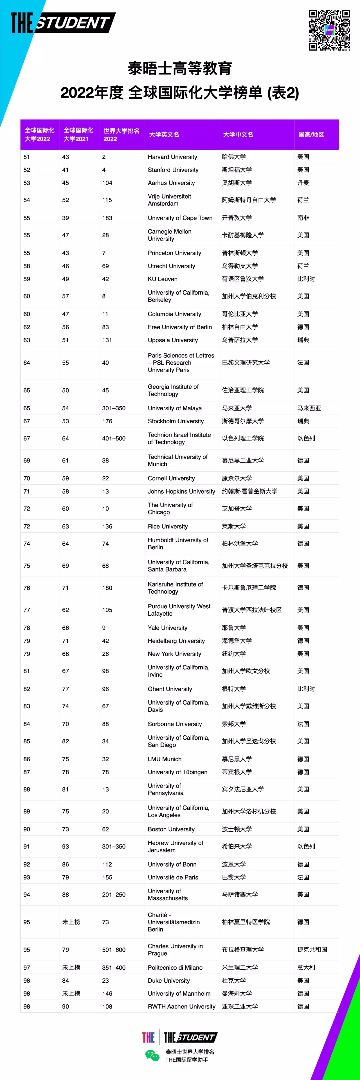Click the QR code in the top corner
click(329, 30)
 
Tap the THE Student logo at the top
click(63, 23)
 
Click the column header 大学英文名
click(164, 135)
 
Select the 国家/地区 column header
click(311, 135)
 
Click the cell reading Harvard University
click(172, 157)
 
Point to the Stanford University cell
click(173, 170)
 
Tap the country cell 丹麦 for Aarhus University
click(303, 183)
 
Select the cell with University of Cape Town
click(180, 218)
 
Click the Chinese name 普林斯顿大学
click(240, 253)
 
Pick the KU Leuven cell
click(163, 279)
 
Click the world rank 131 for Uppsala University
click(107, 340)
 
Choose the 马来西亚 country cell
click(309, 408)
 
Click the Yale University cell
click(168, 628)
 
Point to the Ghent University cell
click(170, 689)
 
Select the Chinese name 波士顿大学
click(237, 829)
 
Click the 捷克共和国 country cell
click(312, 950)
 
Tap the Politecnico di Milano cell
click(175, 968)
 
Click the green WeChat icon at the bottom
click(152, 1055)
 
